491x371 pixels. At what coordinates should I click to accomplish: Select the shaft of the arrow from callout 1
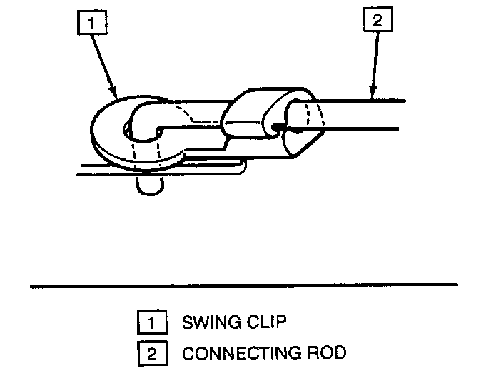(102, 64)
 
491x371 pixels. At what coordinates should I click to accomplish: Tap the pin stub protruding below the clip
(151, 185)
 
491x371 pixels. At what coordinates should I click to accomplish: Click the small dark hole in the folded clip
(278, 128)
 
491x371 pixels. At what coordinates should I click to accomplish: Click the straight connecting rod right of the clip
(364, 114)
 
